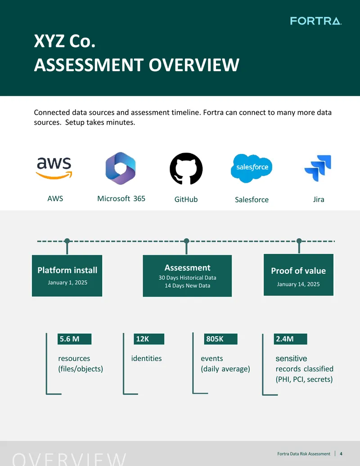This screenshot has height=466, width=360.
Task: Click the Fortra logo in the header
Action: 316,21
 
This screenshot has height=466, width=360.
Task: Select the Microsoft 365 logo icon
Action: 121,168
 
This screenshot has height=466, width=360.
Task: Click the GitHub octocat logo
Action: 186,168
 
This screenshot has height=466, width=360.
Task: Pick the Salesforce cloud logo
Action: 252,168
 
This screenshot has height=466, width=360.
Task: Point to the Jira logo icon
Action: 318,168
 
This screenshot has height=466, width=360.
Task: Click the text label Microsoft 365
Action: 121,199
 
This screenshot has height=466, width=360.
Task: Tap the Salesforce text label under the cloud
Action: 252,199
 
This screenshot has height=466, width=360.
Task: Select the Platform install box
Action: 67,276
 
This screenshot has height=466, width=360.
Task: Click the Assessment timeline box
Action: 187,276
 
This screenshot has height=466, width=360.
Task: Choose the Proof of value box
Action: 298,275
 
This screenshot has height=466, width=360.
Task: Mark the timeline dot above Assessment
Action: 187,241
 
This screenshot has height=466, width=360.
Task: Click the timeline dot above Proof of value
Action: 299,241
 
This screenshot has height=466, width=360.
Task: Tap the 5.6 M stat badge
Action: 74,339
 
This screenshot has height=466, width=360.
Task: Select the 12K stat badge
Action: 149,339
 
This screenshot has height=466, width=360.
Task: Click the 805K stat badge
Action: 220,339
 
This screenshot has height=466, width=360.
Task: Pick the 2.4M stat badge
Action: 291,339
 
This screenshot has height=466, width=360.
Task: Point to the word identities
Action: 146,358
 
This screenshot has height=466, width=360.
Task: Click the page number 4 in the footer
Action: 341,454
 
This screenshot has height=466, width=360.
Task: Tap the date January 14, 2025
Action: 298,284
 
